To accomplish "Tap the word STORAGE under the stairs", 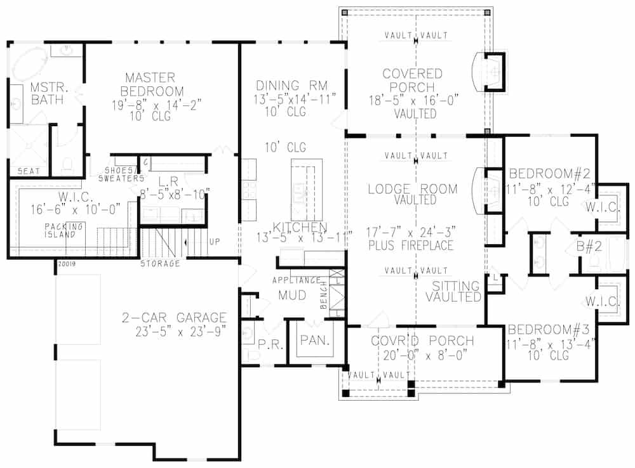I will [160, 263].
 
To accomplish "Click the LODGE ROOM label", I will [413, 188].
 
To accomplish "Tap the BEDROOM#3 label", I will [541, 330].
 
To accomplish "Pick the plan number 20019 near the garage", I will [66, 263].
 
